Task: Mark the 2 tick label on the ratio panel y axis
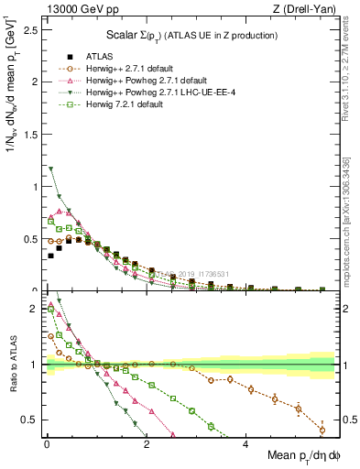coord(35,309)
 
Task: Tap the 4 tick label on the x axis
coord(245,444)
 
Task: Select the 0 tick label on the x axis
coord(47,444)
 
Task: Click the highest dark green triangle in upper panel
coord(51,169)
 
